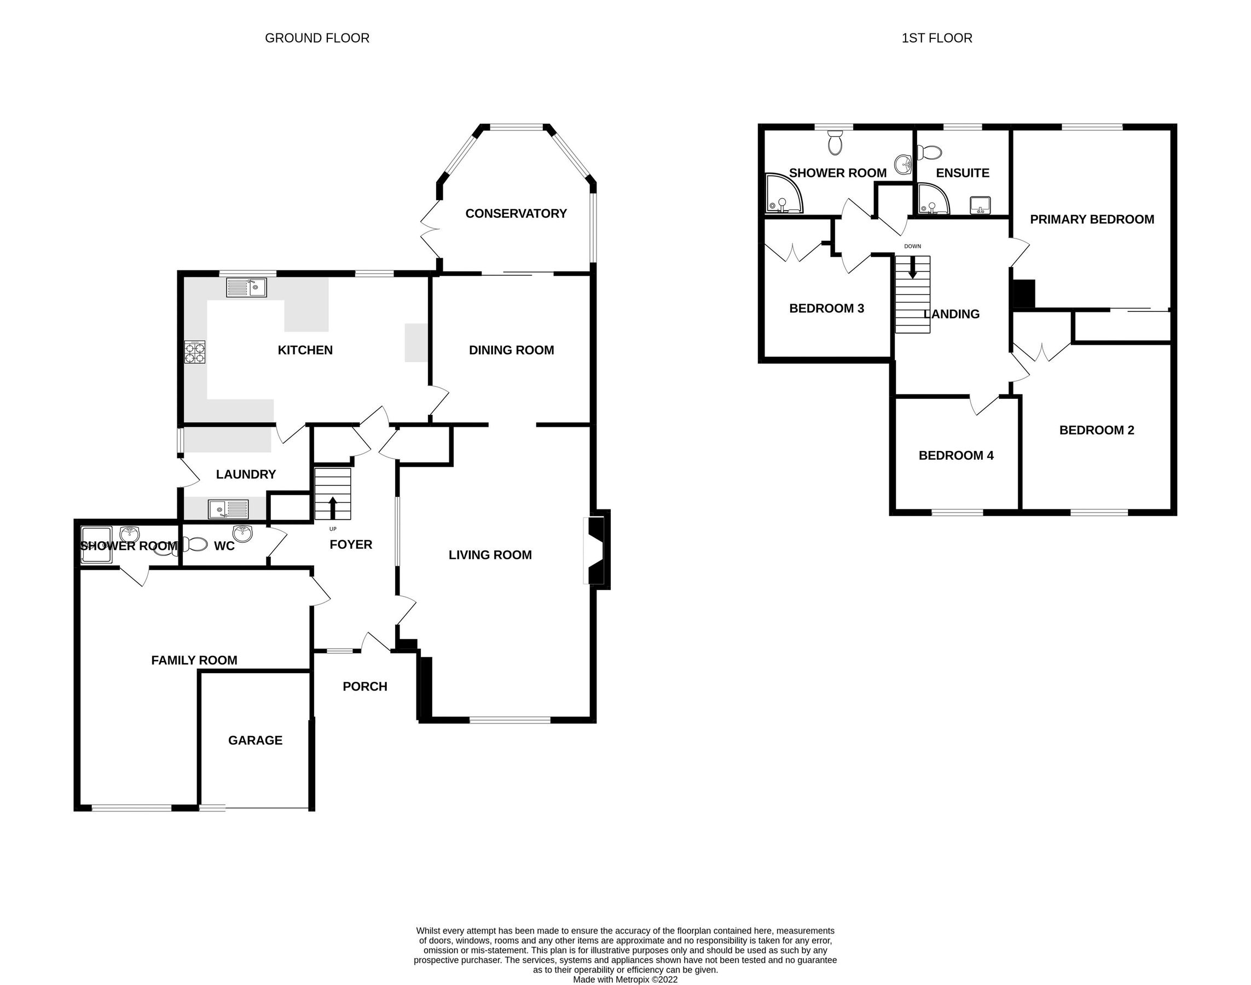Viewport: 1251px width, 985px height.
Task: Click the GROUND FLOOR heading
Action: pyautogui.click(x=317, y=38)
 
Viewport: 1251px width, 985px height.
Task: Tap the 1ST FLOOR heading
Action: pyautogui.click(x=937, y=38)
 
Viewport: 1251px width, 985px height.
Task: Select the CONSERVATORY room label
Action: pyautogui.click(x=516, y=213)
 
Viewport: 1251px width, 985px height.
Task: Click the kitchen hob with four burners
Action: pyautogui.click(x=195, y=352)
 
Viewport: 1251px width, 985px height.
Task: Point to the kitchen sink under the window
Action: pyautogui.click(x=246, y=287)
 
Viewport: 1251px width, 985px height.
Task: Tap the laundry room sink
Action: pyautogui.click(x=228, y=509)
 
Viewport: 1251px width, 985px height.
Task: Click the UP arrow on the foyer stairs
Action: pyautogui.click(x=333, y=508)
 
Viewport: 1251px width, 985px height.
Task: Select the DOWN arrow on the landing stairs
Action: pyautogui.click(x=912, y=267)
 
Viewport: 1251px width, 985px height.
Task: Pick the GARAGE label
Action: pyautogui.click(x=255, y=740)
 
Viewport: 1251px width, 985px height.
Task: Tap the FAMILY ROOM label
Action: pyautogui.click(x=194, y=660)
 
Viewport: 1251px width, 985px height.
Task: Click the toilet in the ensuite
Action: pyautogui.click(x=929, y=152)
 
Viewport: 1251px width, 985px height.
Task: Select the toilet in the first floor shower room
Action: pyautogui.click(x=835, y=142)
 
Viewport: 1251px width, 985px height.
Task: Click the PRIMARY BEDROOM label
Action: pyautogui.click(x=1092, y=219)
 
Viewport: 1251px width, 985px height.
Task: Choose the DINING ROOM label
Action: pyautogui.click(x=511, y=350)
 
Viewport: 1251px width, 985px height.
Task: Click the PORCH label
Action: pyautogui.click(x=364, y=686)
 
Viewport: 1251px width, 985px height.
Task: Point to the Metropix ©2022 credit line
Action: pyautogui.click(x=625, y=979)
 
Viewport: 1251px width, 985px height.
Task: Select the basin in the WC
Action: pyautogui.click(x=242, y=534)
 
